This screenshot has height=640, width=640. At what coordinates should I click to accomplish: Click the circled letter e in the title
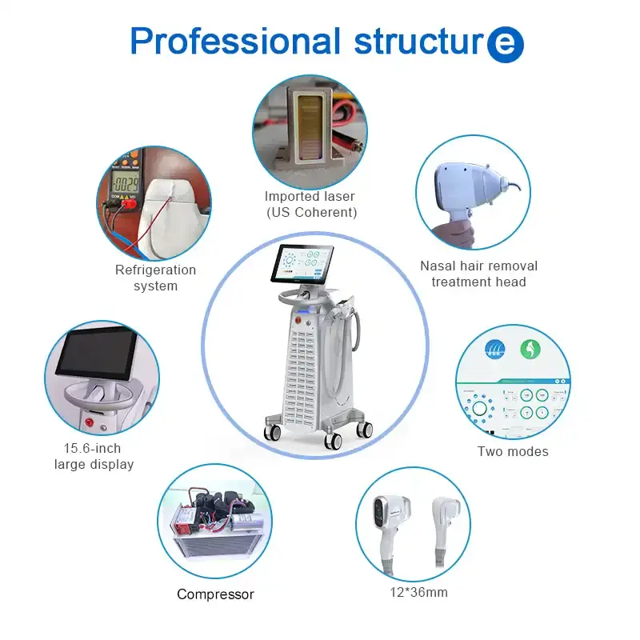click(x=505, y=44)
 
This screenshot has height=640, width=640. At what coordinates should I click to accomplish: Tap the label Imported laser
click(x=310, y=196)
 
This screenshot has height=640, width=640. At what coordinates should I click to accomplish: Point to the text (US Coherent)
click(x=310, y=212)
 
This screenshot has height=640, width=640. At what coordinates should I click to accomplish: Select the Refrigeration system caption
click(x=155, y=278)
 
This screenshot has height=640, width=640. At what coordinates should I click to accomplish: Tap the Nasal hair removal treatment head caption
click(x=478, y=273)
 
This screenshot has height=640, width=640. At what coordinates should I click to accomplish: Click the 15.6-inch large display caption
click(x=94, y=456)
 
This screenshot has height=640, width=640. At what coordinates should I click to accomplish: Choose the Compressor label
click(x=215, y=594)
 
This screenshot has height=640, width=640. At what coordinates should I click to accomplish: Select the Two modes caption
click(x=513, y=451)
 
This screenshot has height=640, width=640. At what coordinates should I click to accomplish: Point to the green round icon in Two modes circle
click(x=528, y=350)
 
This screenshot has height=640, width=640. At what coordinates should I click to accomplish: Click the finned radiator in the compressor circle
click(x=208, y=553)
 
